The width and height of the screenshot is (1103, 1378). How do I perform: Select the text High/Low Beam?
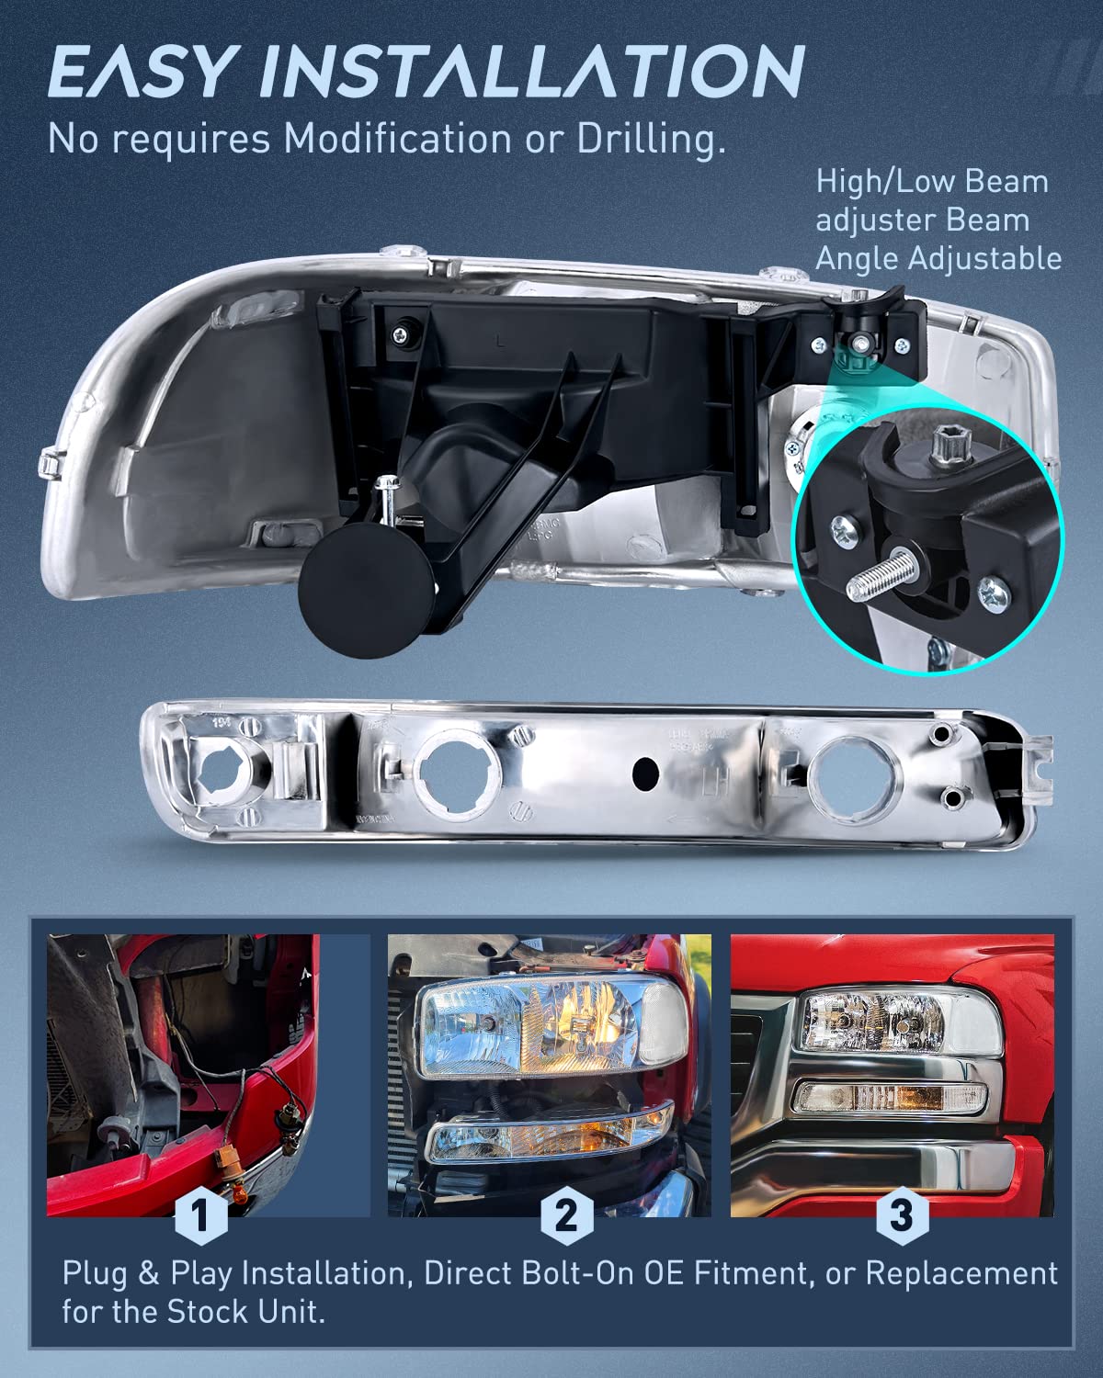point(931,181)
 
